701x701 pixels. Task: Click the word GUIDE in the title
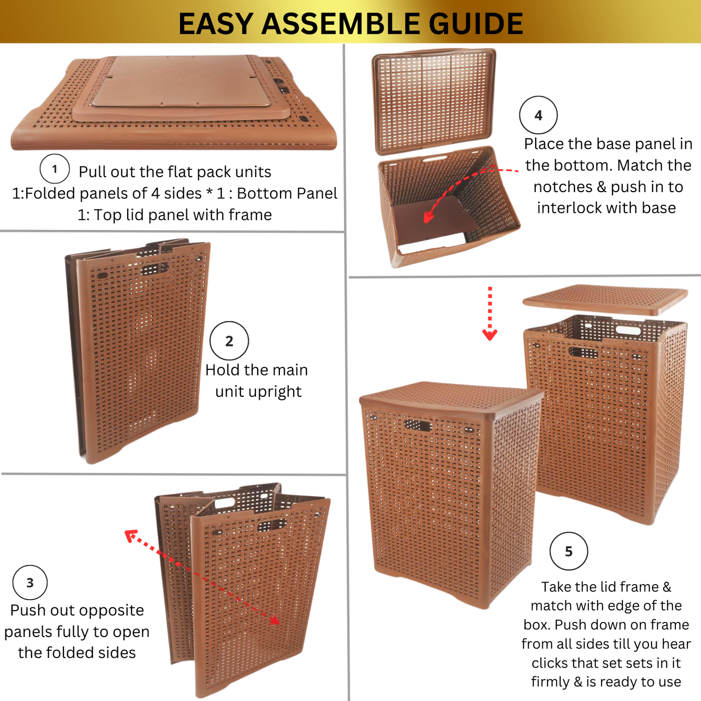click(476, 24)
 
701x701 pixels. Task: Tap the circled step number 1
click(54, 169)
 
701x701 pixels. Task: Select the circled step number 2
click(229, 341)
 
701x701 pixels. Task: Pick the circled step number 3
click(30, 583)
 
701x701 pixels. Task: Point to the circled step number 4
click(538, 115)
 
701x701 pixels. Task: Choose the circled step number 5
click(569, 552)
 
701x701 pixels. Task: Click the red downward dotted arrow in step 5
click(489, 313)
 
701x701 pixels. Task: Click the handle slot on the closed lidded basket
click(418, 425)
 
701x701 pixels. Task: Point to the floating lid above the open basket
click(605, 300)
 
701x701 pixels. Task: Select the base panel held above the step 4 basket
click(434, 101)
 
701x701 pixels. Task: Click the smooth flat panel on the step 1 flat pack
click(181, 81)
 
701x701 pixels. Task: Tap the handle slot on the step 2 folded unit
click(155, 269)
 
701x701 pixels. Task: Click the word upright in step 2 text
click(258, 392)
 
